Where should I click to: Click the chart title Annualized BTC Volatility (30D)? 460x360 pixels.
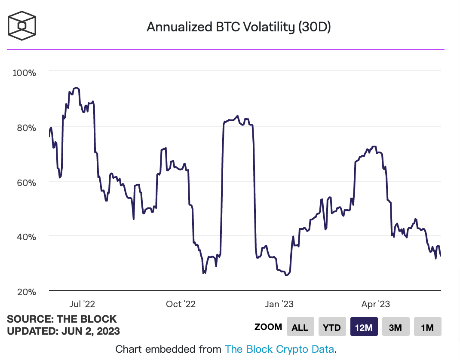pyautogui.click(x=239, y=27)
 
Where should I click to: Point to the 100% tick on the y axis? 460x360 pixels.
pyautogui.click(x=25, y=72)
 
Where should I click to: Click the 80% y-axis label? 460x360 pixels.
pyautogui.click(x=26, y=128)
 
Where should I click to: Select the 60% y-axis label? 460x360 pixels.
pyautogui.click(x=26, y=182)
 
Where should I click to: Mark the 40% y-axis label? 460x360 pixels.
pyautogui.click(x=26, y=237)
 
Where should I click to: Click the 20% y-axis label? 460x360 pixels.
pyautogui.click(x=26, y=292)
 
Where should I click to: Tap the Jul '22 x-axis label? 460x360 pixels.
pyautogui.click(x=82, y=304)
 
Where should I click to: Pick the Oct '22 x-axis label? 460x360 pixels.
pyautogui.click(x=181, y=304)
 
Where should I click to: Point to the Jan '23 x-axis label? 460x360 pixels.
pyautogui.click(x=279, y=304)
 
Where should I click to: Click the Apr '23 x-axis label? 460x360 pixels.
pyautogui.click(x=375, y=304)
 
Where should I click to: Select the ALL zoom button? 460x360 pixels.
pyautogui.click(x=300, y=327)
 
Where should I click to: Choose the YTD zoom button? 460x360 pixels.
pyautogui.click(x=332, y=327)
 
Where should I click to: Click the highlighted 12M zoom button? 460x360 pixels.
pyautogui.click(x=364, y=327)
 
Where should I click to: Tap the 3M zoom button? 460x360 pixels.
pyautogui.click(x=396, y=327)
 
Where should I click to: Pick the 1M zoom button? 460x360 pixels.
pyautogui.click(x=427, y=327)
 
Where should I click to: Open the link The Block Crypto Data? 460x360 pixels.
pyautogui.click(x=279, y=349)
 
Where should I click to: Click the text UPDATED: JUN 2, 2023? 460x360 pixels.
pyautogui.click(x=64, y=331)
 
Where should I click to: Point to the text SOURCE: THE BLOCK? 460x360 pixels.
pyautogui.click(x=62, y=319)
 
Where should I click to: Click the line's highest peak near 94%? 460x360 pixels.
pyautogui.click(x=76, y=88)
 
